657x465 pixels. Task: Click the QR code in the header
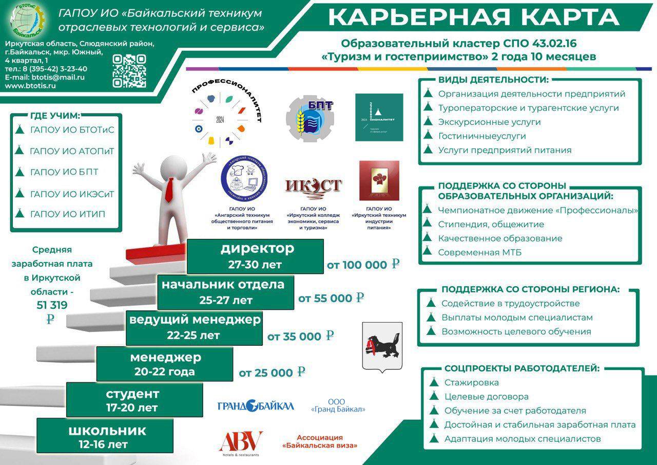(129, 71)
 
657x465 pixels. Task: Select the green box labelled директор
(255, 256)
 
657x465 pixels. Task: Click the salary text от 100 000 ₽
(363, 265)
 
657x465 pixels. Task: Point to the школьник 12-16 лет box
(107, 436)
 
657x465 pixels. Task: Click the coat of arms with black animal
(382, 345)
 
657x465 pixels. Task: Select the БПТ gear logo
(310, 118)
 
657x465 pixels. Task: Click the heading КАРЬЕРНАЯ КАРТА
(473, 17)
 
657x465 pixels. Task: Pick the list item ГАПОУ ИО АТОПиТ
(72, 152)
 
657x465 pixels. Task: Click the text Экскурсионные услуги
(489, 122)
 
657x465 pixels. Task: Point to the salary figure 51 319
(52, 305)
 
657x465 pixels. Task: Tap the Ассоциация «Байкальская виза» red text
(319, 441)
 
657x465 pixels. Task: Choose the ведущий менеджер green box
(195, 327)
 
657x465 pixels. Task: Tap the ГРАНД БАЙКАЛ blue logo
(256, 406)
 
